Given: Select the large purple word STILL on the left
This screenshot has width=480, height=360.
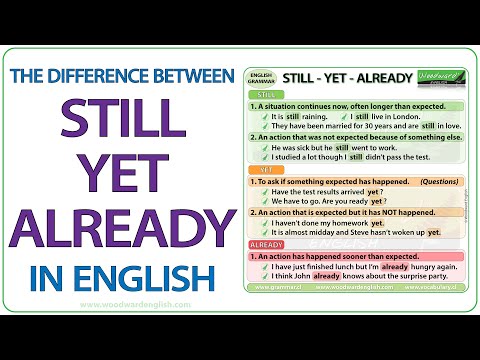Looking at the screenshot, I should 120,117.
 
